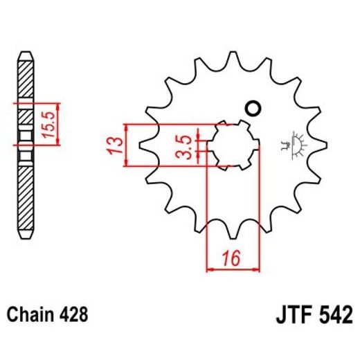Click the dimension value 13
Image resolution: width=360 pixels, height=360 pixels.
coord(116,145)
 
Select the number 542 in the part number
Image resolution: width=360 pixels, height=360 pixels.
coord(334,316)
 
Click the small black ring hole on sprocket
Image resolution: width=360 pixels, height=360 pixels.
coord(252,108)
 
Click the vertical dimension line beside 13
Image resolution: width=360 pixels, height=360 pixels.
coord(127,145)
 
